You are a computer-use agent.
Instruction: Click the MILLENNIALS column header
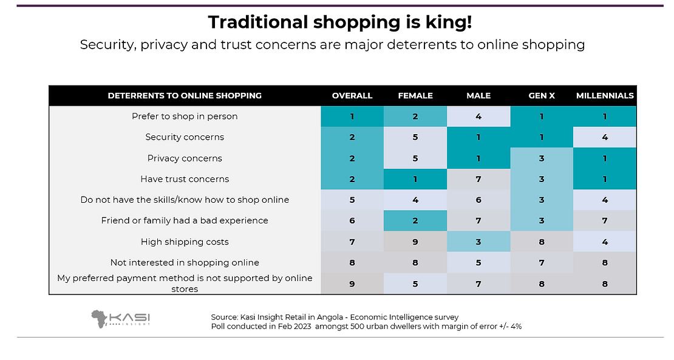pos(605,95)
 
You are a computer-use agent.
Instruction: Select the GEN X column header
pos(542,95)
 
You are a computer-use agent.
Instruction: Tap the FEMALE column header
pos(415,95)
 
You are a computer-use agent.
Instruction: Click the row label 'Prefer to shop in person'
pos(185,116)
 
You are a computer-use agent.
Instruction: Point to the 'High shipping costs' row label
pos(185,242)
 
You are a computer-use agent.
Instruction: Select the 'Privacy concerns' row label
pos(185,158)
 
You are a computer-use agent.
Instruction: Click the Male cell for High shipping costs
pos(478,242)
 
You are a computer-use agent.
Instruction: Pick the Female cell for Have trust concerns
pos(415,179)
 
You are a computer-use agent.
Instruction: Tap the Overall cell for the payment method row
pos(352,284)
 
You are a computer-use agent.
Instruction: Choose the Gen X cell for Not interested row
pos(542,263)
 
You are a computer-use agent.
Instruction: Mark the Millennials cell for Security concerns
pos(605,137)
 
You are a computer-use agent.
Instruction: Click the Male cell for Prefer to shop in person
pos(478,116)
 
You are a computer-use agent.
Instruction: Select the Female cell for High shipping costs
pos(415,242)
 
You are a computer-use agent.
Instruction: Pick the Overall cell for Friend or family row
pos(352,221)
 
